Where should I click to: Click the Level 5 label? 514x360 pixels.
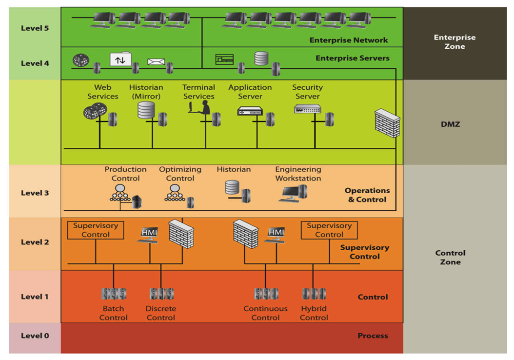(x=35, y=28)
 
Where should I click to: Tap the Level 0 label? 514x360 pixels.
(x=35, y=336)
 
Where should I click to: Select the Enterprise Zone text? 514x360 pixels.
(x=455, y=42)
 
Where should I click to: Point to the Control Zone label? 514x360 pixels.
(x=450, y=258)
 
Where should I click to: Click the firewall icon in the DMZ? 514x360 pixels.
(x=387, y=122)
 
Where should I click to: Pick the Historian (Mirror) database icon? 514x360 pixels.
(x=146, y=110)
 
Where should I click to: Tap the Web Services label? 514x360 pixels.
(x=103, y=92)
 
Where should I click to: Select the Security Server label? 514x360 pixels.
(x=307, y=92)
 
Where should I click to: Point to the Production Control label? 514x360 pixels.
(x=125, y=174)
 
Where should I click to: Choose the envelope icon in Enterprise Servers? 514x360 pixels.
(x=156, y=61)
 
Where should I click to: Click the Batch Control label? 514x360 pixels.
(x=113, y=313)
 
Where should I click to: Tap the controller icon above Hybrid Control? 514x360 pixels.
(x=314, y=294)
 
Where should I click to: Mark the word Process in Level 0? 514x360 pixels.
(x=373, y=336)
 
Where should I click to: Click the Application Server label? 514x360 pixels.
(x=250, y=92)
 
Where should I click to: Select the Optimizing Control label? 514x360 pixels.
(x=180, y=174)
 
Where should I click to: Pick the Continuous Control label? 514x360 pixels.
(x=265, y=313)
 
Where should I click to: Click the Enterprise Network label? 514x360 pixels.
(x=349, y=40)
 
